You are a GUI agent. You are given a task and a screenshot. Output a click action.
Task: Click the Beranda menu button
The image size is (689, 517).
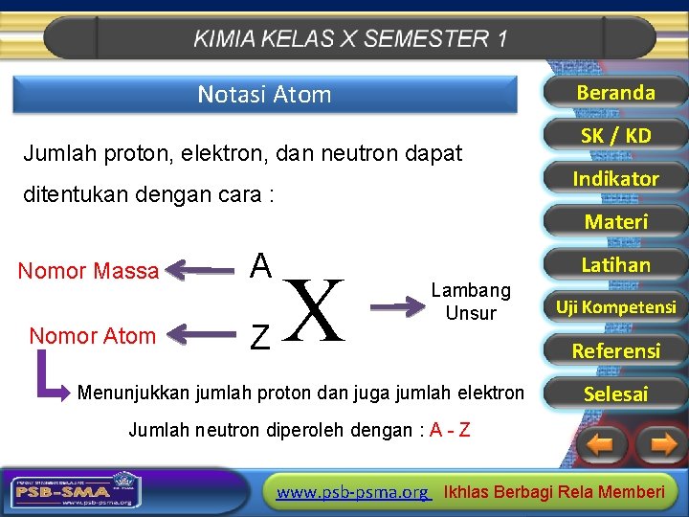(615, 93)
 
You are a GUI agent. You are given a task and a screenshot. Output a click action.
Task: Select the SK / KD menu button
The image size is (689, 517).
(615, 136)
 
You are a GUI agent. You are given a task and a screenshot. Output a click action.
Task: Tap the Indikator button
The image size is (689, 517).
(615, 179)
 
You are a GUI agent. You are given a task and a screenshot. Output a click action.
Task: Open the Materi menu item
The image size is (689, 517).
(615, 222)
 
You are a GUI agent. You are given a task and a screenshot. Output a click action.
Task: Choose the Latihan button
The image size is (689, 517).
(615, 265)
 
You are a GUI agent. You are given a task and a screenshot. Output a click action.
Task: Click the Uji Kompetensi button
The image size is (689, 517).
(615, 307)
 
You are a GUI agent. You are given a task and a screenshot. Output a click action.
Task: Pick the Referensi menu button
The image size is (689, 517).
(615, 350)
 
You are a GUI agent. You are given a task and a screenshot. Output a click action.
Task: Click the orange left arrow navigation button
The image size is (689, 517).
(601, 444)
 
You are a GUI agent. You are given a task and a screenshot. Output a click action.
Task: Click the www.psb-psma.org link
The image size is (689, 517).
(352, 492)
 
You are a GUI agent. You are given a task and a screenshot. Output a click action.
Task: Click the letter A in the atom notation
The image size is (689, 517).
(260, 265)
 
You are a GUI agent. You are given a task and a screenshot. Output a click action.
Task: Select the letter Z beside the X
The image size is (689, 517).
(259, 336)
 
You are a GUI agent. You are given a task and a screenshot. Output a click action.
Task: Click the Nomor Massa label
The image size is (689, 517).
(88, 272)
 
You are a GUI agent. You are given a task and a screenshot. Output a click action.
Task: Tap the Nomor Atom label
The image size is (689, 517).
(92, 336)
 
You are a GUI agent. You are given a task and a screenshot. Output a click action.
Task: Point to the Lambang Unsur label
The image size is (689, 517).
(471, 302)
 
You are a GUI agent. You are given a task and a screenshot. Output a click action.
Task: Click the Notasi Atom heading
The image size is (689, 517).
(264, 95)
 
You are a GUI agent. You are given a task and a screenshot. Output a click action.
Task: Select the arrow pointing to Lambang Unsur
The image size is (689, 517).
(395, 306)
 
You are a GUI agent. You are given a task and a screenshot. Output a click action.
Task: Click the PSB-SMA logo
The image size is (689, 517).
(73, 491)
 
